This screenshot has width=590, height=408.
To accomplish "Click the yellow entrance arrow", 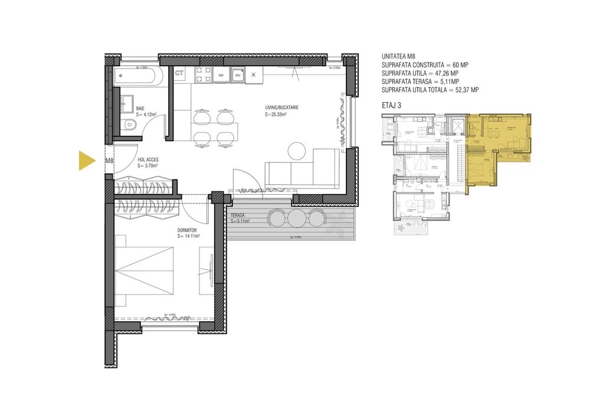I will pos(87,161).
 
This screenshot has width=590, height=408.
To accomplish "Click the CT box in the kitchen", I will pos(180,73).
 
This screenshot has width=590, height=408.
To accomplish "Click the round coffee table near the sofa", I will pos(297,152).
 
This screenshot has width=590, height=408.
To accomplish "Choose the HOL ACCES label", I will pos(148,159).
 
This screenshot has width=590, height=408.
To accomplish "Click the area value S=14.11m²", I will pos(189,236).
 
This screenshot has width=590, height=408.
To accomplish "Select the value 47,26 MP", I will pos(447,73).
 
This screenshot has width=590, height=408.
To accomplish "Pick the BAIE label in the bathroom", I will pos(141,109).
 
